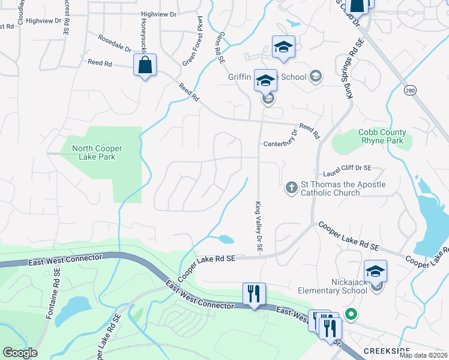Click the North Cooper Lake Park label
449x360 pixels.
97,153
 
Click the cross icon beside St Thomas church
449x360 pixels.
292,188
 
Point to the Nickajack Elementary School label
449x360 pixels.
333,286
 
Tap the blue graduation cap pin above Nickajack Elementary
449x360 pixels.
375,271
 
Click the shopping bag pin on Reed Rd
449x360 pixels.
145,65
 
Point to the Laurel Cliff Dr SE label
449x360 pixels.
348,170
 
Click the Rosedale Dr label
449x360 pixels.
115,44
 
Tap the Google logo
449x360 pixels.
20,353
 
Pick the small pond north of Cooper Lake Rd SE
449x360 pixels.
226,239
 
